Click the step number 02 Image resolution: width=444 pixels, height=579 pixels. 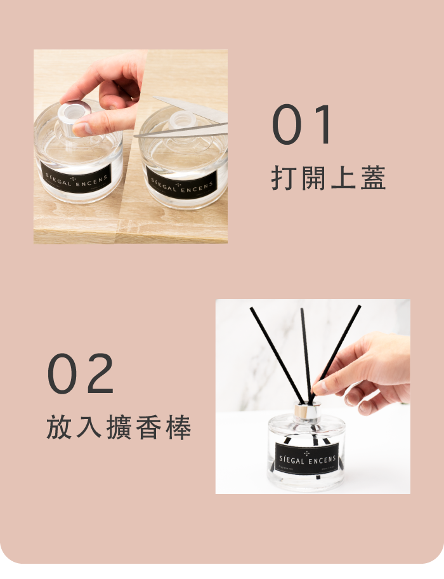(x=81, y=373)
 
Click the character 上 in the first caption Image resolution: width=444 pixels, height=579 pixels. (x=343, y=178)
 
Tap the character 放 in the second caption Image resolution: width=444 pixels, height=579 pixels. (x=60, y=427)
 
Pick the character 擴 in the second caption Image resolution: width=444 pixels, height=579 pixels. (x=119, y=427)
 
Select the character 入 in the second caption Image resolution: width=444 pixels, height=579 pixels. (x=89, y=427)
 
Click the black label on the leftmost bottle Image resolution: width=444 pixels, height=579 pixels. (x=75, y=178)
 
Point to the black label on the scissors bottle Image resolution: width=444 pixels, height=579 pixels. (x=181, y=183)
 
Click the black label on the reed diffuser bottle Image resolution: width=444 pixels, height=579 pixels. (x=307, y=458)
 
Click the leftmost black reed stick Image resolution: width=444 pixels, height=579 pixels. (x=277, y=356)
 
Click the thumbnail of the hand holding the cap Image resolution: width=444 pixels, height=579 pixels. (x=131, y=146)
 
